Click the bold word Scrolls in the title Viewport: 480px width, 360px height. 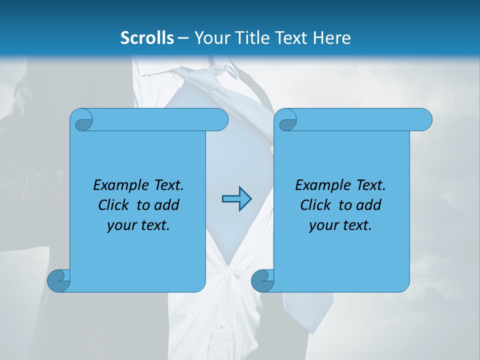pos(147,37)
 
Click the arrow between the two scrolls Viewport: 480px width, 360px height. pos(236,199)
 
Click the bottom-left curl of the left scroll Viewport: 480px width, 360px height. pos(58,280)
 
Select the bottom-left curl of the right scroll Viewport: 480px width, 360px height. pos(262,280)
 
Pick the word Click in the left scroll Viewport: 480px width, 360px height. pos(110,205)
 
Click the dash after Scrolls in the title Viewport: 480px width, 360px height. pos(183,38)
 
